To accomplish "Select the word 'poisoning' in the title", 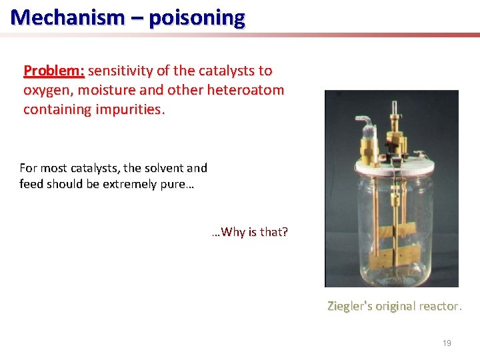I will pyautogui.click(x=197, y=17).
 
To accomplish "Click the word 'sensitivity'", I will pyautogui.click(x=124, y=71).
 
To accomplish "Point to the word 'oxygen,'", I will pyautogui.click(x=47, y=90).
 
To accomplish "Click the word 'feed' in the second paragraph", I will pyautogui.click(x=32, y=183).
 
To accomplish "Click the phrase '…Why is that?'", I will pyautogui.click(x=250, y=232).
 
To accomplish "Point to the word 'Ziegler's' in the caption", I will pyautogui.click(x=350, y=306).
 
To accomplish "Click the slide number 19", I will pyautogui.click(x=447, y=343).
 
